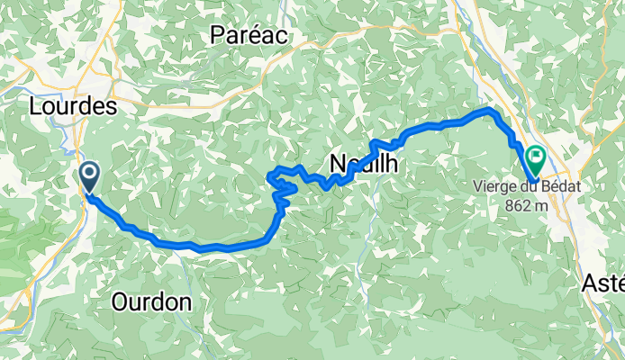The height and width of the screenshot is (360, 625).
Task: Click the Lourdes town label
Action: [73, 106]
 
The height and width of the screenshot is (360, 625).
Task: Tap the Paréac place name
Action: [248, 35]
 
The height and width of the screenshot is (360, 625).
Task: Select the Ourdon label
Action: [151, 302]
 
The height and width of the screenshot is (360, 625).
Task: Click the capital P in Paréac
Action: [217, 35]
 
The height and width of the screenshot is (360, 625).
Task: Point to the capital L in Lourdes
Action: [35, 106]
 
